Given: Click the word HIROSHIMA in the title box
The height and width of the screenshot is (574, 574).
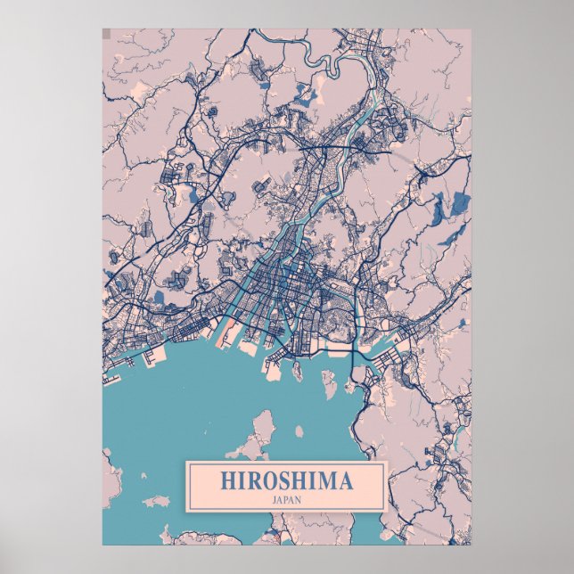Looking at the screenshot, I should tap(285, 481).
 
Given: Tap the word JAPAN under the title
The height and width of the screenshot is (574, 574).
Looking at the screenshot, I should tap(285, 499).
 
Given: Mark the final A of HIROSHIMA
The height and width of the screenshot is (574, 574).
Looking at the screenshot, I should tap(344, 481).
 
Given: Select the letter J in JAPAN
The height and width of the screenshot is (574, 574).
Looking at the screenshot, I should tap(270, 499).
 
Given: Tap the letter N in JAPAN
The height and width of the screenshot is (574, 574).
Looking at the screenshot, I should tap(300, 499).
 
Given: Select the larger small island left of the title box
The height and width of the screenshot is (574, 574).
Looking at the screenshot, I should tap(156, 502).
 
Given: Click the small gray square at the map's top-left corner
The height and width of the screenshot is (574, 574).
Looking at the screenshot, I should tap(106, 34).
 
